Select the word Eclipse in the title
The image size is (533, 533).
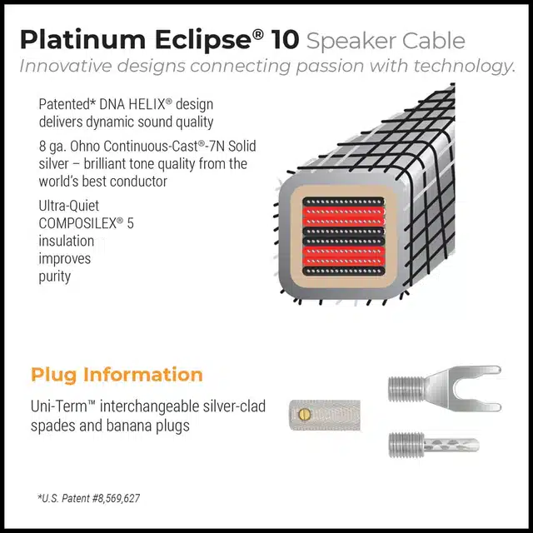pos(193,39)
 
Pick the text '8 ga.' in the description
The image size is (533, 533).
pos(54,146)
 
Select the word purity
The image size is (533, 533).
pos(55,276)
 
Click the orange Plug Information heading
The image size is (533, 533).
pos(117,374)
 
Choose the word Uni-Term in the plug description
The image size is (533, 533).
pos(62,407)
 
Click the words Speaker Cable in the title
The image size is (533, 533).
pos(386,40)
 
